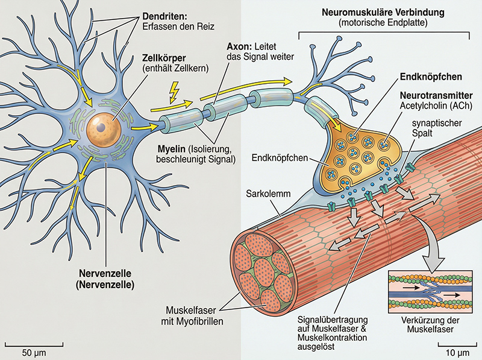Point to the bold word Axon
click(x=237, y=47)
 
